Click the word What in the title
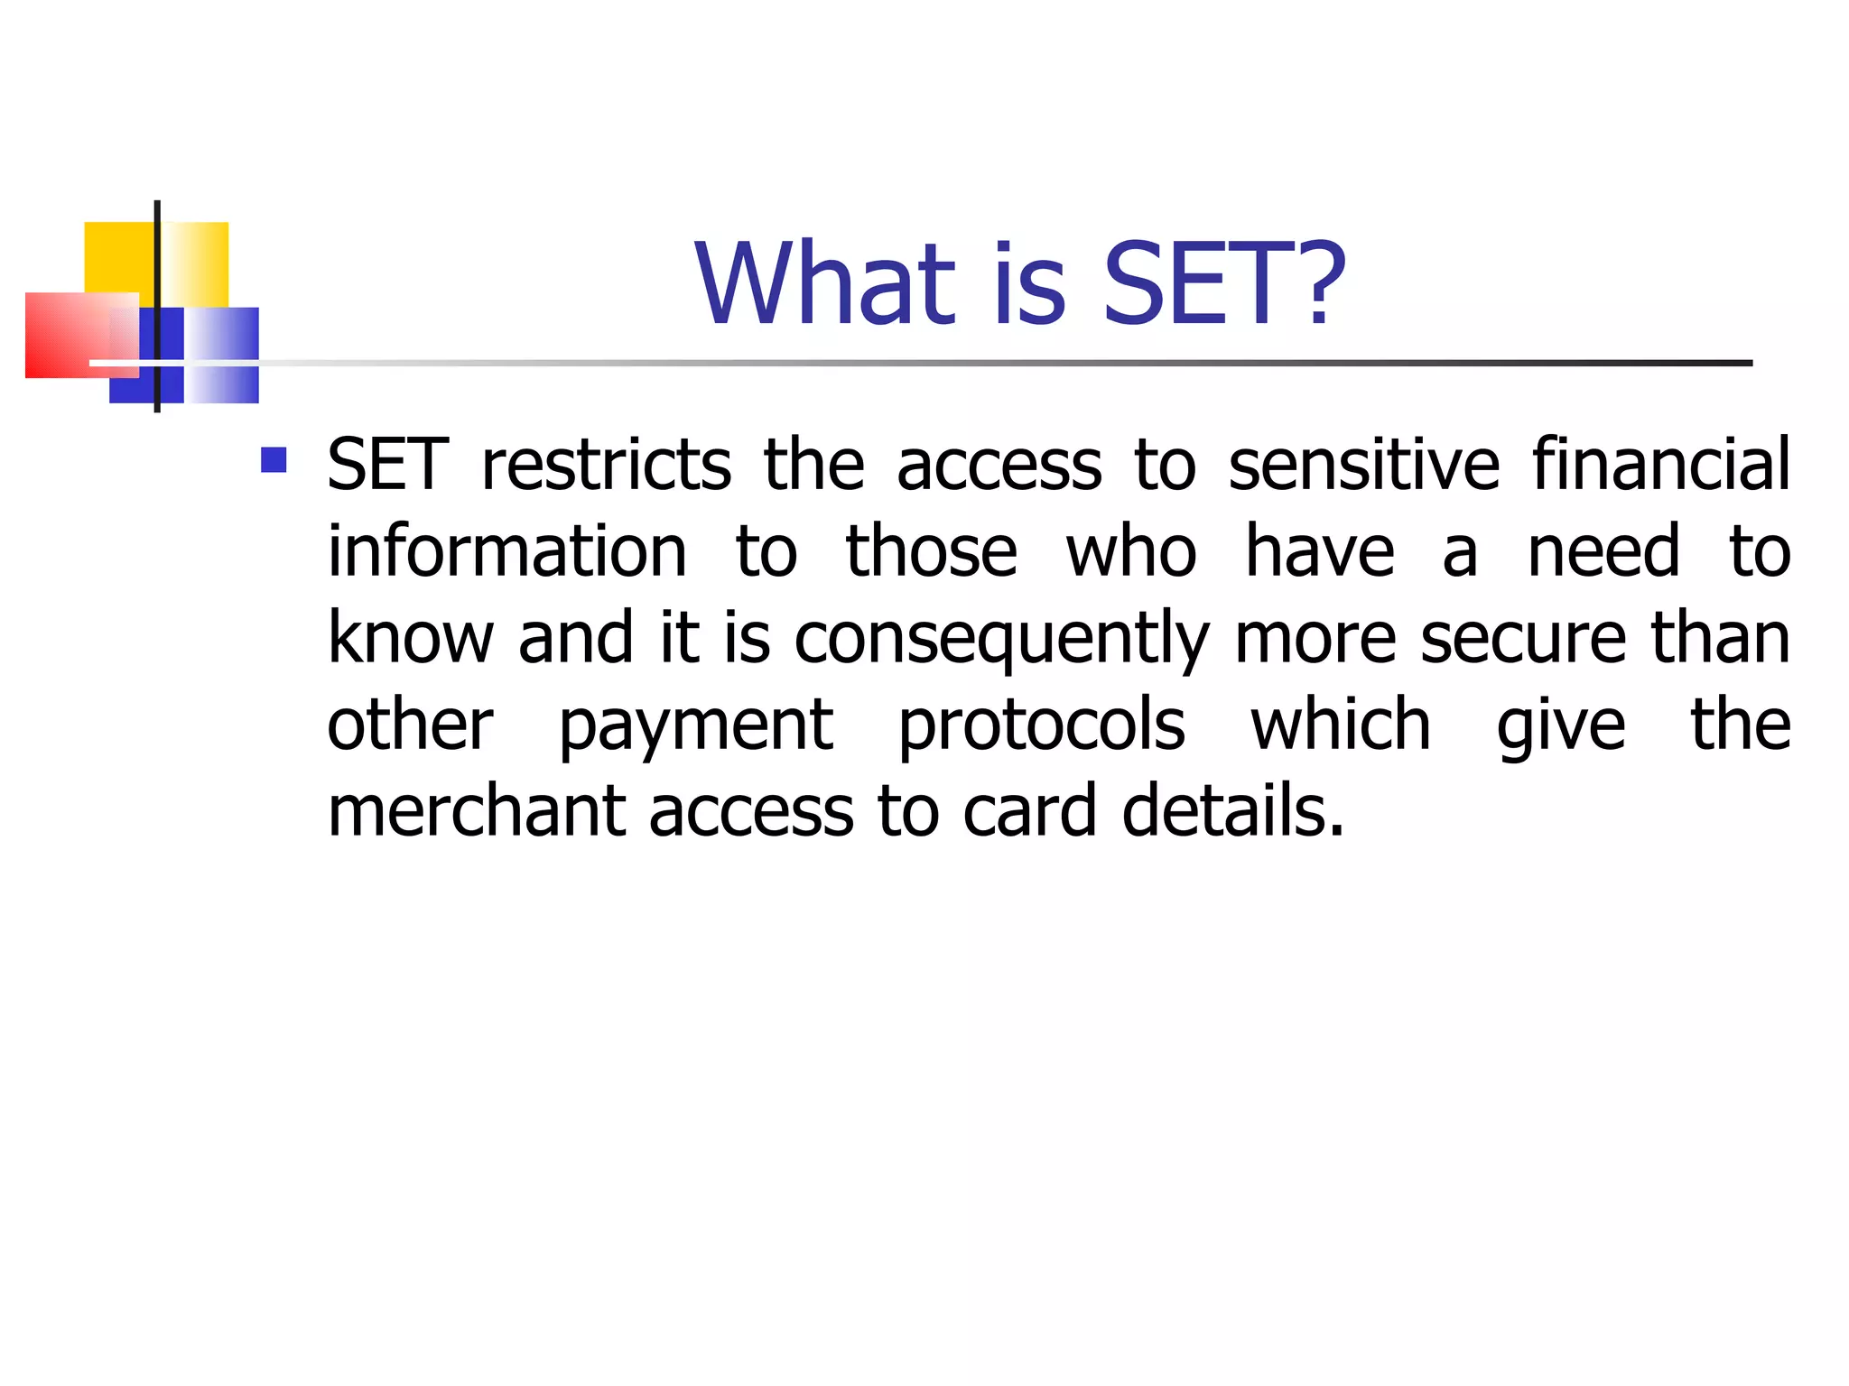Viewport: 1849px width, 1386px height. [824, 283]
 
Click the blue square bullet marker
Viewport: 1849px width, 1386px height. [274, 460]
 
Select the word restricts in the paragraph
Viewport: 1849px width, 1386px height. [606, 466]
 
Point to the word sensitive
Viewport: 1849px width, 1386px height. [1363, 466]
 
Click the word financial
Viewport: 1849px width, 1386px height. [1660, 466]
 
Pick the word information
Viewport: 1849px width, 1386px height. [506, 552]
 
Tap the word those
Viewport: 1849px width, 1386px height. [931, 552]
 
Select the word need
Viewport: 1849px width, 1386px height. [1603, 552]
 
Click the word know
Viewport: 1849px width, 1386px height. [411, 639]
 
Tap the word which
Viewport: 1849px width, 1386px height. [1341, 725]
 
